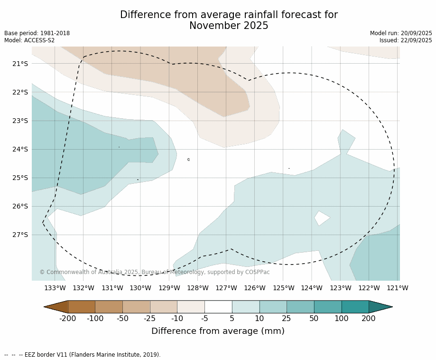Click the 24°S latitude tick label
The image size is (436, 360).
(x=19, y=149)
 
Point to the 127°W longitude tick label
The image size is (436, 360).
(x=226, y=288)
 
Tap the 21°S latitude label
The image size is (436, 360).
(x=19, y=64)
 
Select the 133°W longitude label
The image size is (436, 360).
(x=55, y=288)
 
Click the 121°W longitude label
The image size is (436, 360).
(x=398, y=288)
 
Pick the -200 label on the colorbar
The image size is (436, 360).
(x=68, y=318)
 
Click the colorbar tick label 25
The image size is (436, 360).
(x=287, y=318)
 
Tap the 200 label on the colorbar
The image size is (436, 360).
(x=369, y=318)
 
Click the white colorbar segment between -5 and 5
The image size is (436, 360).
(x=218, y=307)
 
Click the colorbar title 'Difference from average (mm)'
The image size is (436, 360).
(x=218, y=331)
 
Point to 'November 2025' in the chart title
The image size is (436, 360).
(x=229, y=26)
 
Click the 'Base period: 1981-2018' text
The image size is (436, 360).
(x=37, y=33)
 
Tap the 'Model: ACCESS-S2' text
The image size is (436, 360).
(x=29, y=40)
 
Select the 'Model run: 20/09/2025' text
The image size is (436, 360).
(x=401, y=33)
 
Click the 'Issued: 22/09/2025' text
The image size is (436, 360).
(x=406, y=40)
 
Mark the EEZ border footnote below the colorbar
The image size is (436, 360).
(x=83, y=354)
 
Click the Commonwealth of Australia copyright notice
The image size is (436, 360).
(x=154, y=272)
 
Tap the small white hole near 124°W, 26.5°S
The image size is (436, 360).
(x=322, y=218)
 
